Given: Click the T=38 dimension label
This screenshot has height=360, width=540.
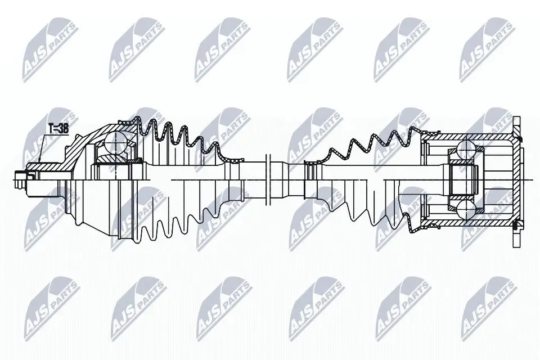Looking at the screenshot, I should pyautogui.click(x=58, y=129).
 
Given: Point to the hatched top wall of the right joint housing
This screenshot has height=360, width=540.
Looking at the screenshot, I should pyautogui.click(x=467, y=137).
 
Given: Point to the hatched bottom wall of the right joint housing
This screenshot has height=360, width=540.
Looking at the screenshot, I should pyautogui.click(x=467, y=223).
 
